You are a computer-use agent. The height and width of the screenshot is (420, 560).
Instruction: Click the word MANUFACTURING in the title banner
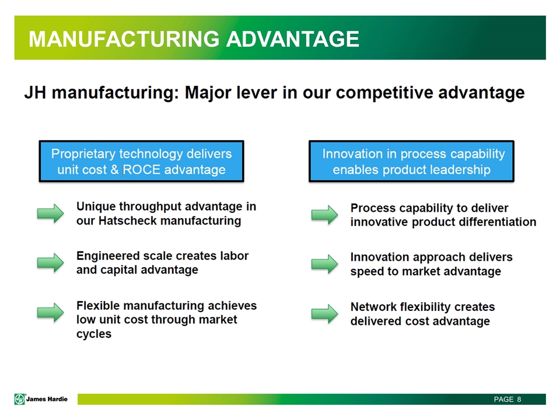click(x=124, y=38)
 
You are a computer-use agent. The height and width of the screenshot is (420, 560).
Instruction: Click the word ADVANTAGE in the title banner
click(x=293, y=38)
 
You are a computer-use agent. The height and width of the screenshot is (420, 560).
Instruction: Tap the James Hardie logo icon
click(x=20, y=399)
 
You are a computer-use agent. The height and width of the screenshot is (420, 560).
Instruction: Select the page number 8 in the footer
click(x=519, y=399)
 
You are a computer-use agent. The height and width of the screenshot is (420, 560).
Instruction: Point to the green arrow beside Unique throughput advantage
click(x=50, y=213)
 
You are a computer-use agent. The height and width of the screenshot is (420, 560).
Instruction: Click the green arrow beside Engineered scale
click(x=50, y=263)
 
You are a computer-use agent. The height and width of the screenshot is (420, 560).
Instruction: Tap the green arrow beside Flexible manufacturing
click(x=50, y=313)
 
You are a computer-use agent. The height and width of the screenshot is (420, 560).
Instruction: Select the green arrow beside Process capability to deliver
click(x=325, y=215)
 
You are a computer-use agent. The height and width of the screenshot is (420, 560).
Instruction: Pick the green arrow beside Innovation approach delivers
click(x=325, y=264)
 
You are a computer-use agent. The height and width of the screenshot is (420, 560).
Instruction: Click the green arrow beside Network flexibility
click(x=325, y=314)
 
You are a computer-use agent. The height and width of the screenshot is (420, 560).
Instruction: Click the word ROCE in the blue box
click(x=141, y=170)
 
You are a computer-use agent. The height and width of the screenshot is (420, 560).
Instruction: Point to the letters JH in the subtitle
click(x=35, y=93)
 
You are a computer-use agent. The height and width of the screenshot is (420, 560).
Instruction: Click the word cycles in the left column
click(x=94, y=334)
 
